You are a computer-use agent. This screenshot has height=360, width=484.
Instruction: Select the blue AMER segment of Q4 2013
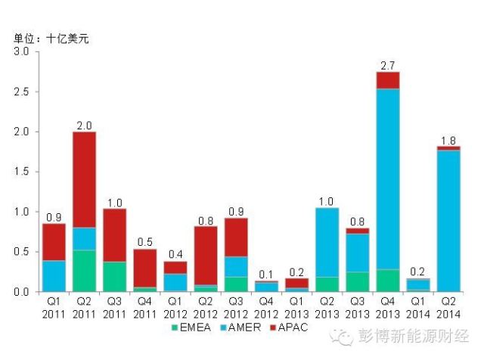click(387, 178)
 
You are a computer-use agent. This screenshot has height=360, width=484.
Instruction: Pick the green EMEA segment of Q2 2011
click(84, 271)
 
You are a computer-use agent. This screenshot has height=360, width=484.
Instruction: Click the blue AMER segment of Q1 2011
click(54, 276)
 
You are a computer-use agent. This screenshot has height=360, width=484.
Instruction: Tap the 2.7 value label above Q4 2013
click(387, 64)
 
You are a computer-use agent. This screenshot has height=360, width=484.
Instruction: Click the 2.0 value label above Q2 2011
click(84, 124)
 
